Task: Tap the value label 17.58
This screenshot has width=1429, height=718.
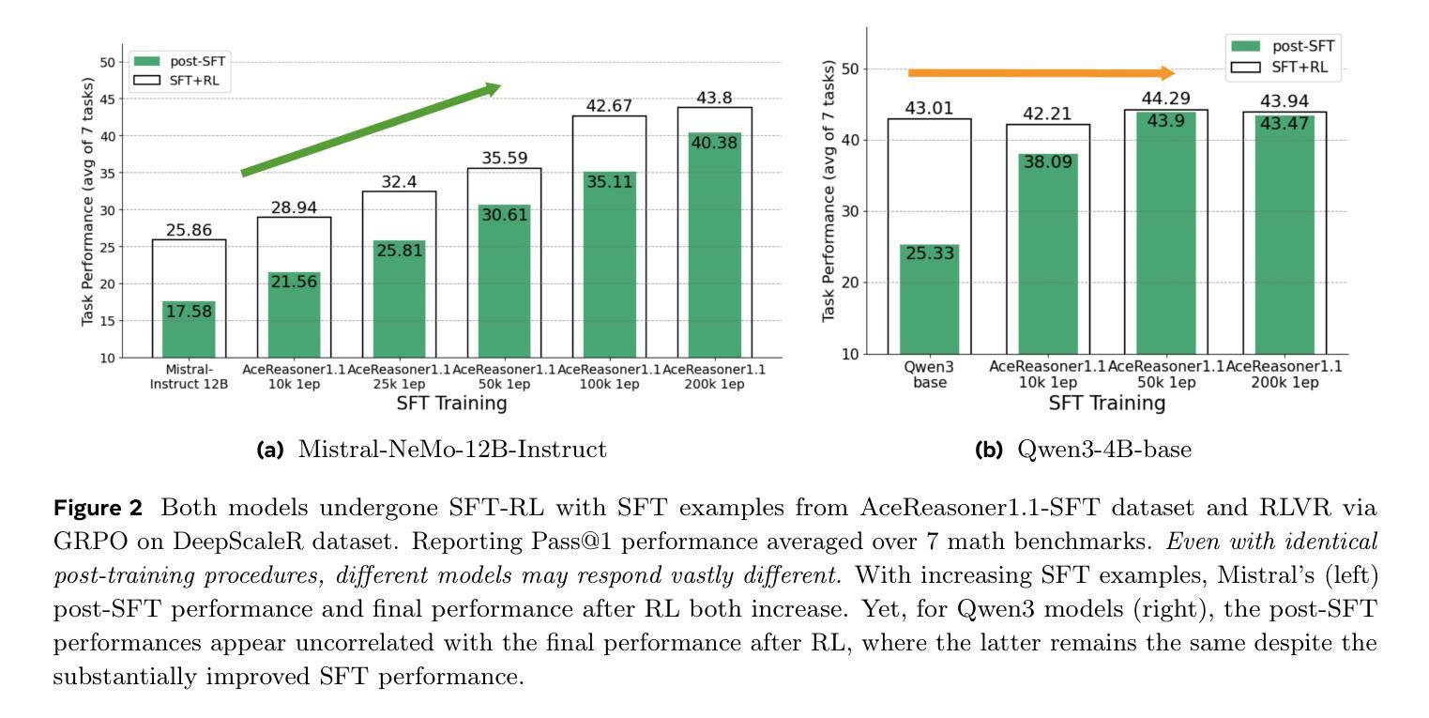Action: [x=190, y=312]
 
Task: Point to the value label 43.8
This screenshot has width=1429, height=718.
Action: [x=720, y=98]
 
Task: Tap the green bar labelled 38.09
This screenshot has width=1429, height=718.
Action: [x=1047, y=253]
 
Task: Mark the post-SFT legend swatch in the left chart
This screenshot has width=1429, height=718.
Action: [x=148, y=61]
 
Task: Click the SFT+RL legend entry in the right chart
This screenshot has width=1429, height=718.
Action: [x=1281, y=67]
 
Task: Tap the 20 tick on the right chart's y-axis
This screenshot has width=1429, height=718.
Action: [x=849, y=283]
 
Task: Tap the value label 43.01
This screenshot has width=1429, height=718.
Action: [x=929, y=109]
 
